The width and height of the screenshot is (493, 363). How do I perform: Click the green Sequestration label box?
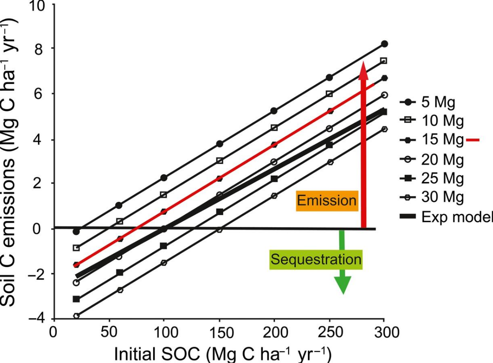pos(316,260)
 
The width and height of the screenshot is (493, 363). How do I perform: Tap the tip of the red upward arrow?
pos(363,63)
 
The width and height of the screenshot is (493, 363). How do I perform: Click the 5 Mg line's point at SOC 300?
pos(384,44)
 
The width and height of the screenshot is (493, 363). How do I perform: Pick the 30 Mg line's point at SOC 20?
pos(76,316)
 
